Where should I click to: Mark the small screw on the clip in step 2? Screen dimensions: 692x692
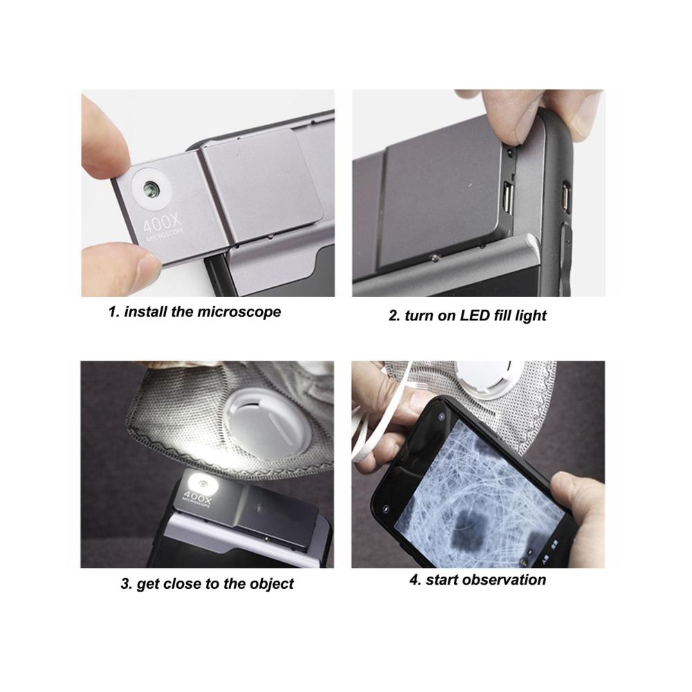point(435,257)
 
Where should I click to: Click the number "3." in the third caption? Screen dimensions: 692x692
point(127,584)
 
